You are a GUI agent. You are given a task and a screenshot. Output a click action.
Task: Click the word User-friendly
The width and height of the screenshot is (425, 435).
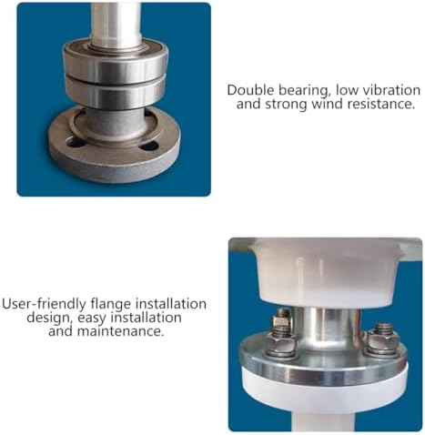[x=45, y=304]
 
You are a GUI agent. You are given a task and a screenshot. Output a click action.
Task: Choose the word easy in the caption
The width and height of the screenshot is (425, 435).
[x=92, y=319]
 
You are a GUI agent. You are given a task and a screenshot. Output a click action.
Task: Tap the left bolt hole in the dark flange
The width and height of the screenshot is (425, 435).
[x=74, y=141]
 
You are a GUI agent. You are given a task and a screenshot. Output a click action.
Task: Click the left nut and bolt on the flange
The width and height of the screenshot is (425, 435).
[x=282, y=334]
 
